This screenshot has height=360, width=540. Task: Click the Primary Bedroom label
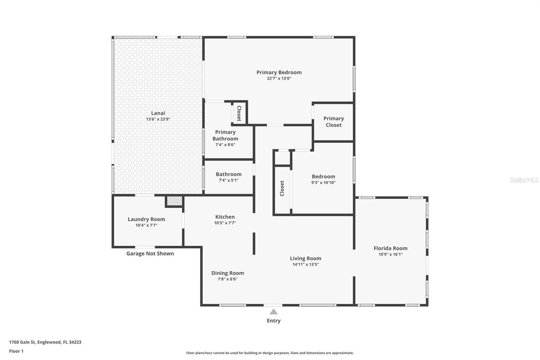click(x=279, y=72)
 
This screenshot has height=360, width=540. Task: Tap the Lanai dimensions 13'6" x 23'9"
click(x=158, y=119)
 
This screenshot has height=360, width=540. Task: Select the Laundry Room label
click(x=146, y=219)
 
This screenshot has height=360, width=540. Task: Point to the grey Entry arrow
click(x=273, y=312)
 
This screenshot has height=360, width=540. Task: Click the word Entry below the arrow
click(x=274, y=321)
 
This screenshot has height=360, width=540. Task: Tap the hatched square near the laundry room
click(x=174, y=201)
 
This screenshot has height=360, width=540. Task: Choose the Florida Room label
click(x=390, y=248)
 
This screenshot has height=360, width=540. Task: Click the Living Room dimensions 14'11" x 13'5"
click(x=306, y=264)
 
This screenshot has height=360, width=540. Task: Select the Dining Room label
click(x=227, y=273)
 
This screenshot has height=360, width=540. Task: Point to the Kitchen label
click(x=225, y=217)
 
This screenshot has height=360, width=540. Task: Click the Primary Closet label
click(x=334, y=122)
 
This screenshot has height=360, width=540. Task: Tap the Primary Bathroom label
click(x=225, y=135)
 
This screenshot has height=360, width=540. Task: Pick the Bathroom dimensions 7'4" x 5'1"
click(x=228, y=180)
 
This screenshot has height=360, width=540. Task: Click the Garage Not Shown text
click(x=150, y=253)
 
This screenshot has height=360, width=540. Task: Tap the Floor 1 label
click(x=16, y=351)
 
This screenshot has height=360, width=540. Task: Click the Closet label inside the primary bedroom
click(x=239, y=113)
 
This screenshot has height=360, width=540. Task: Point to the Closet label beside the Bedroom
click(x=282, y=188)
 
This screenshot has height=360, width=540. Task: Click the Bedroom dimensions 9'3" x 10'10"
click(x=323, y=183)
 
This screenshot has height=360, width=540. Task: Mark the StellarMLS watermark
click(x=524, y=180)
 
